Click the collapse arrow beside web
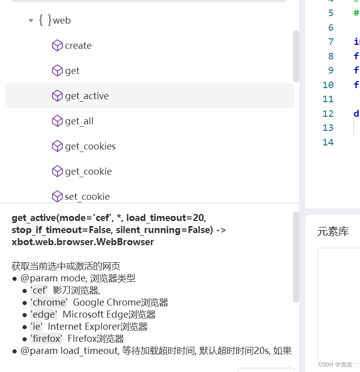coord(31,21)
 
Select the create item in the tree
coord(78,46)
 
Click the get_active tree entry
coord(87,96)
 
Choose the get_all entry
coord(79,121)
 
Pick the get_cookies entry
coord(90,146)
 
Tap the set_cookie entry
coord(87,197)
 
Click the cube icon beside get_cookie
coord(57,172)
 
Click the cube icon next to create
coord(57,46)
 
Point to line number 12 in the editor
coord(328,114)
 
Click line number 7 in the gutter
coord(331,42)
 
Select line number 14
coord(328,142)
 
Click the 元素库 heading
coord(333,232)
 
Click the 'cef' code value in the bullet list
coord(39,290)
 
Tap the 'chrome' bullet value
coord(49,303)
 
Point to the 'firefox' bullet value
coord(46,339)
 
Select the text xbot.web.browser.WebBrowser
coord(83,242)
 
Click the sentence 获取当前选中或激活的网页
coord(66,266)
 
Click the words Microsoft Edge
coord(90,315)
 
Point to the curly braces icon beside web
coord(45,20)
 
